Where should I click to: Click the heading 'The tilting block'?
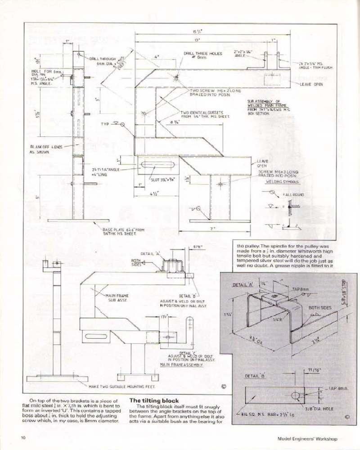(x=154, y=400)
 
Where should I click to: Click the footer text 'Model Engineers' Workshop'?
(x=307, y=438)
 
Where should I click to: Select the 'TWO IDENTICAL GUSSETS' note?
(x=205, y=114)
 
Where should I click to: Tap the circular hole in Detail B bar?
(x=296, y=396)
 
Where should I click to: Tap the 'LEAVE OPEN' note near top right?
(x=310, y=84)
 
